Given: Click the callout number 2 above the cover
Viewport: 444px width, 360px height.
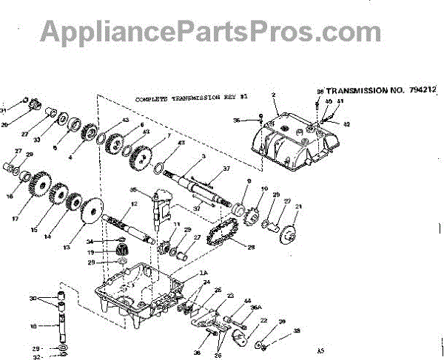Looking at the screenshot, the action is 273,95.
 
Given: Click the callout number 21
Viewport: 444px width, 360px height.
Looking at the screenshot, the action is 299,207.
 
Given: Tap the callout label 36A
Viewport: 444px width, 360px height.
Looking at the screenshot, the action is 256,308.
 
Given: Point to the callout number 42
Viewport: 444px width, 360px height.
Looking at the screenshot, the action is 346,123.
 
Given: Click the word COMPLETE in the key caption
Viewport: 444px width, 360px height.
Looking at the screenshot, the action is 152,98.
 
